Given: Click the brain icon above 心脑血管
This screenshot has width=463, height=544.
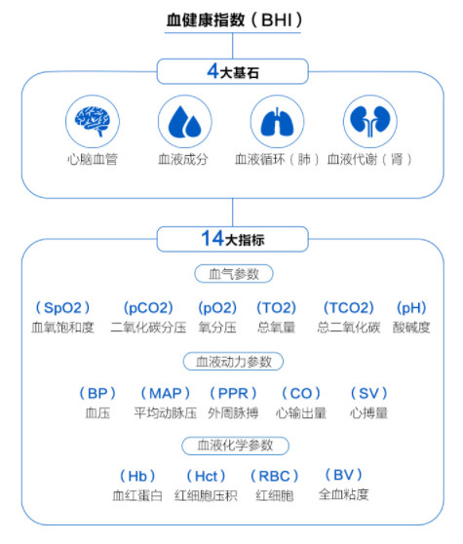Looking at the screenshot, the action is [93, 121].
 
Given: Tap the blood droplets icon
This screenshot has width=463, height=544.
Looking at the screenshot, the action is [185, 121].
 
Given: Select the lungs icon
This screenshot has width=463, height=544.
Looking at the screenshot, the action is [277, 121].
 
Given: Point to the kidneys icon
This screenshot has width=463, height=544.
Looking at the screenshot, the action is [370, 121].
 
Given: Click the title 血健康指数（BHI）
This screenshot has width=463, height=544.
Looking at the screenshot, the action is [234, 19].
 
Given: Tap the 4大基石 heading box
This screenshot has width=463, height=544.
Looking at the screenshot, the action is [232, 71].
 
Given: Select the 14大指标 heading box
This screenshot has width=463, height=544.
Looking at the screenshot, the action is [232, 239].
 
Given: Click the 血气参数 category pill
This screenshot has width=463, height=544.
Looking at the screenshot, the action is [234, 274].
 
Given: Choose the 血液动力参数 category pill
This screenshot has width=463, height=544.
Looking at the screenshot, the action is [233, 362].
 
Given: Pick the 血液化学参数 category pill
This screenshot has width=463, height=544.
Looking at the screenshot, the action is [235, 446].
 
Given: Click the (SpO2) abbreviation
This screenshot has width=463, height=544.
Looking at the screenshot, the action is [62, 308].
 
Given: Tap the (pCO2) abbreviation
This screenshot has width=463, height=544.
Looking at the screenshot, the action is [148, 308].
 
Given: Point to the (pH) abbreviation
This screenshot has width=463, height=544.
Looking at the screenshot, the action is [411, 308].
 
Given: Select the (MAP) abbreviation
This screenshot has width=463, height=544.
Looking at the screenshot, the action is [165, 394].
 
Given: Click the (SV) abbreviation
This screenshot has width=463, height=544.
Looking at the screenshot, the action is [368, 394].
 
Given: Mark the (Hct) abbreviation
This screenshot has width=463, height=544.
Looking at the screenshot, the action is [206, 476].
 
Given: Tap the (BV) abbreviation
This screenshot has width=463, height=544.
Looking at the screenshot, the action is [343, 475].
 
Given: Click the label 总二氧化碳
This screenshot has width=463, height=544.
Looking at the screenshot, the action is [349, 328].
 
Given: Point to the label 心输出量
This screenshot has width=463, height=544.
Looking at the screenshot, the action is [301, 412].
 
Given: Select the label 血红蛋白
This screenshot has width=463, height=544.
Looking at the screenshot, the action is [137, 495].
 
